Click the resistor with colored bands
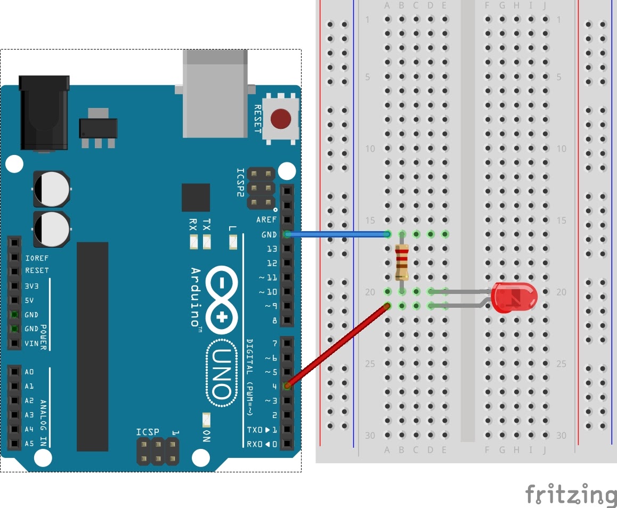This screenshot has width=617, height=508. [x=402, y=263]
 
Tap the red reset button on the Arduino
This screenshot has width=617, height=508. [x=280, y=118]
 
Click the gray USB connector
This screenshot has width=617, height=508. [x=215, y=93]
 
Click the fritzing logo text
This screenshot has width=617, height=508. [x=571, y=494]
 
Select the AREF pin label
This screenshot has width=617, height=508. [x=266, y=220]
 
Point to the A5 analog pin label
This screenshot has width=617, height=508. [x=29, y=443]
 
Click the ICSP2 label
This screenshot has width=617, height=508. [x=241, y=183]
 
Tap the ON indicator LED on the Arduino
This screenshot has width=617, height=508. [x=206, y=421]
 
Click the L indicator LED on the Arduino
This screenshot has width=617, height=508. [x=232, y=242]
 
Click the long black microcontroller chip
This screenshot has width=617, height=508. [x=92, y=347]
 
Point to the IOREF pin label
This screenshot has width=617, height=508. [x=37, y=258]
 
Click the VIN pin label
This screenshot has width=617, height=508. [x=31, y=343]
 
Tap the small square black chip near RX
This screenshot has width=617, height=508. [x=196, y=198]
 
